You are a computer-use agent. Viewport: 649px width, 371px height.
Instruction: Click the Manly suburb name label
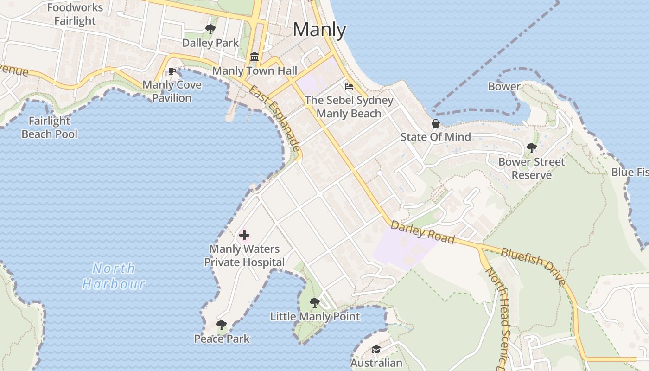tap(319, 30)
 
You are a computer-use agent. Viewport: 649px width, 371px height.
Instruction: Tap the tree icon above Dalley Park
tap(210, 30)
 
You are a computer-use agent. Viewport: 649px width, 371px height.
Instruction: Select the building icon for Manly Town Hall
tap(255, 57)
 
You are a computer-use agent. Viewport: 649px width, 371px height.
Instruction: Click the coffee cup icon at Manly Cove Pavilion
tap(172, 71)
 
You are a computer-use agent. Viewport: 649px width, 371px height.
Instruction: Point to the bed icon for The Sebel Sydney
tap(349, 86)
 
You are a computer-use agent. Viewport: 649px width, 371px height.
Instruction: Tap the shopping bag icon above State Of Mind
tap(435, 123)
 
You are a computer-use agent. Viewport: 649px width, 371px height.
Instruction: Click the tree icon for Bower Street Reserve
tap(531, 148)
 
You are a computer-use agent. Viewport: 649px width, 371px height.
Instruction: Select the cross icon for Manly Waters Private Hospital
tap(244, 235)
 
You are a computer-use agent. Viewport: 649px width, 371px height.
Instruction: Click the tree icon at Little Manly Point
tap(315, 303)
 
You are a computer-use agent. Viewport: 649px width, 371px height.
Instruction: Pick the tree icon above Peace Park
tap(222, 325)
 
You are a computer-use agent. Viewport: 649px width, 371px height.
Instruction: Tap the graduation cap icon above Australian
tap(376, 349)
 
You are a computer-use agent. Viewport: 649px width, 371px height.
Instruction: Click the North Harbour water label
tap(114, 276)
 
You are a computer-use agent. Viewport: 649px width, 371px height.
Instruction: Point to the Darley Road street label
tap(422, 231)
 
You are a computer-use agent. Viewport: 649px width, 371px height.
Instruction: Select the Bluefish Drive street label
tap(534, 266)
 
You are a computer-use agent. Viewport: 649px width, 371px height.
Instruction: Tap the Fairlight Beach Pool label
tap(50, 128)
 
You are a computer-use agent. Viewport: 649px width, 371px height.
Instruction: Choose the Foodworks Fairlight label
tap(75, 14)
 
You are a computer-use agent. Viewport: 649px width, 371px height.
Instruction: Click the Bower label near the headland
tap(504, 86)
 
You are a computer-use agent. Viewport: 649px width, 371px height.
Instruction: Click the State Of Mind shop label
tap(435, 137)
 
